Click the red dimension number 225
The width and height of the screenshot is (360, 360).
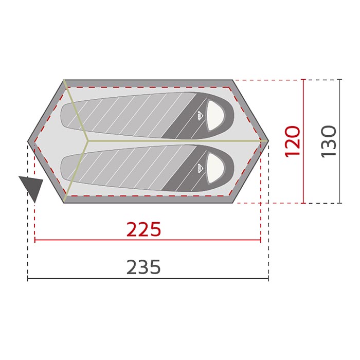tap(143, 229)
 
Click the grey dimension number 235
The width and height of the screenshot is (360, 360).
tap(143, 267)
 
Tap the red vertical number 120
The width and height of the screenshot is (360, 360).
tap(292, 141)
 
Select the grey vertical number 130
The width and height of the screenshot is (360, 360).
tap(329, 141)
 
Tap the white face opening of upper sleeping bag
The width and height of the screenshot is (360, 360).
tap(215, 116)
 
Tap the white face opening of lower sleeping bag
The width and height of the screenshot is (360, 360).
tap(215, 168)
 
